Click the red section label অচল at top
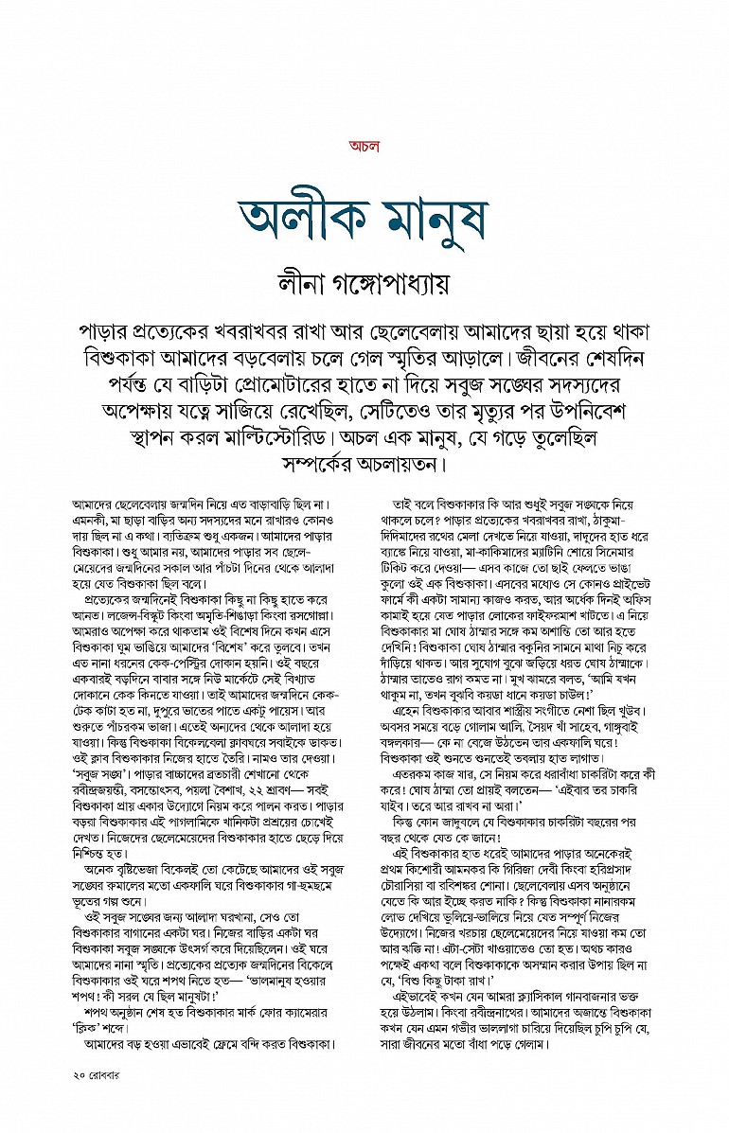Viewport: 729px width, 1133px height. pos(364,146)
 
